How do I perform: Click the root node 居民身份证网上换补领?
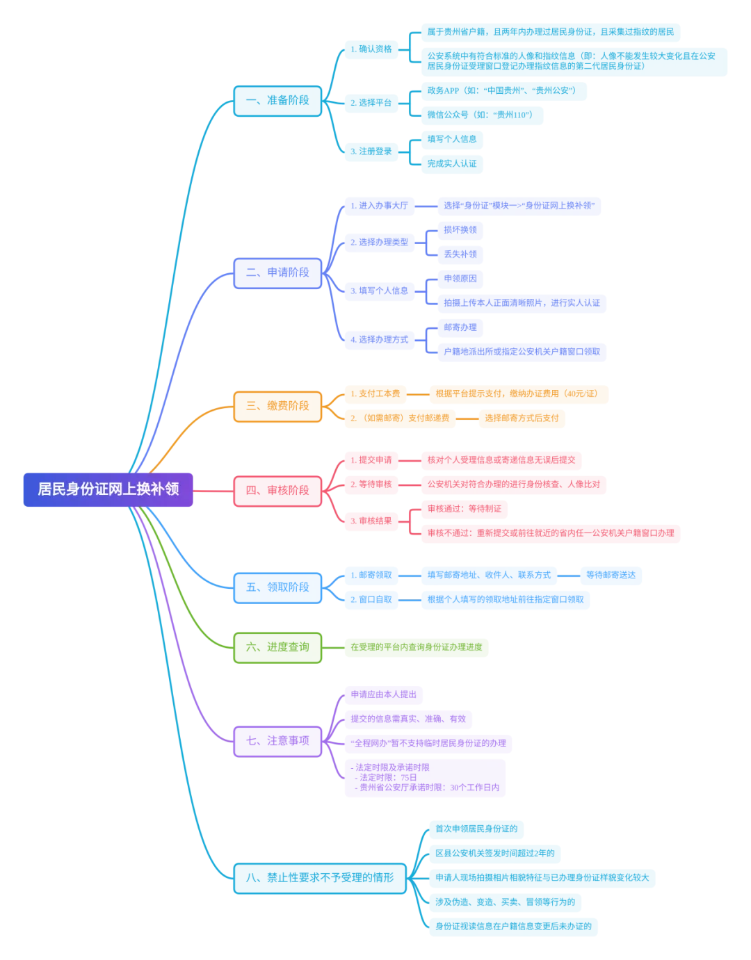[108, 489]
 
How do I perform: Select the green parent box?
[278, 648]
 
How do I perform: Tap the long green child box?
[417, 648]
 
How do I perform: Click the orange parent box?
[278, 407]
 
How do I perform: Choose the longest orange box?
[519, 395]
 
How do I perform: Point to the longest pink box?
[551, 534]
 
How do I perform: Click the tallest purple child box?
[425, 778]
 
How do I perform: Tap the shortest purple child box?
[385, 695]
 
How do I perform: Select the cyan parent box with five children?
[319, 878]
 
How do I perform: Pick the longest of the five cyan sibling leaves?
[542, 879]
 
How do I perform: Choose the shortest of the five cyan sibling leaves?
[477, 830]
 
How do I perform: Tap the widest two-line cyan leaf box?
[574, 61]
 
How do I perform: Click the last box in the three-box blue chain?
[612, 576]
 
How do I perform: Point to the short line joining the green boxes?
[335, 648]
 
